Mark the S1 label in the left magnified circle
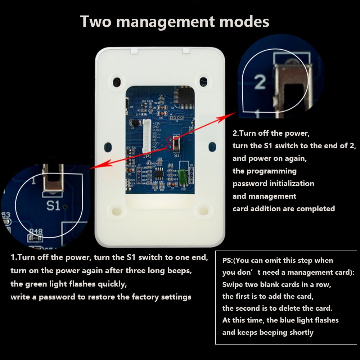click(x=53, y=206)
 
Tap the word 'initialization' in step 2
click(x=292, y=184)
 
